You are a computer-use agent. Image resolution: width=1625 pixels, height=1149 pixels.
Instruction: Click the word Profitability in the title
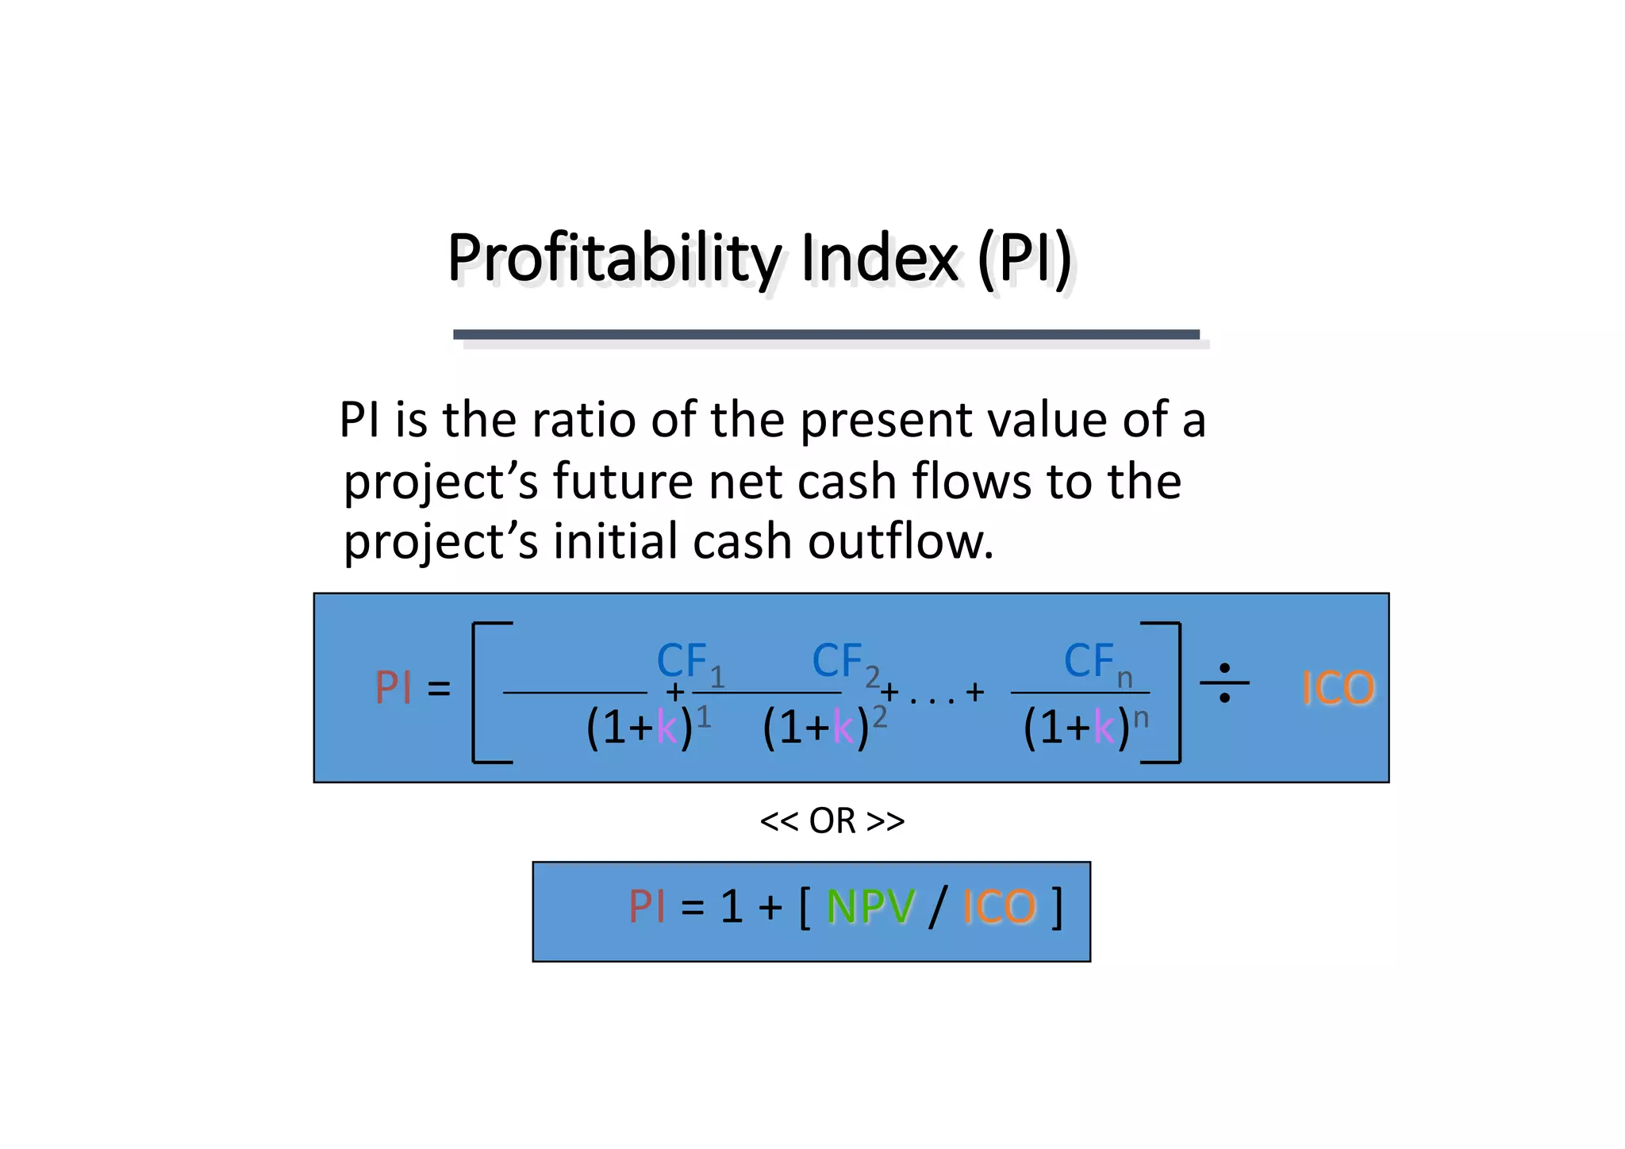(x=615, y=259)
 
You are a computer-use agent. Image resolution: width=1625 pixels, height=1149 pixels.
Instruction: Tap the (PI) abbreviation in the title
(x=1024, y=259)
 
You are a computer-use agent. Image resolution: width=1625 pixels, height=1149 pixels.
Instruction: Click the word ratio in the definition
(x=583, y=420)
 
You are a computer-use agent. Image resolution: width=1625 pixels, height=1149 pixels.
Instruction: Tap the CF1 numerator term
(x=690, y=663)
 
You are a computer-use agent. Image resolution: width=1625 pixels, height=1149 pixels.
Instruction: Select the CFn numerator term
(x=1097, y=663)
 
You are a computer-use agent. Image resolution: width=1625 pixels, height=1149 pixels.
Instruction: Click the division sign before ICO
(x=1224, y=683)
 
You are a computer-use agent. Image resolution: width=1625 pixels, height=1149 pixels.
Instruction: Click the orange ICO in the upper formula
(x=1338, y=688)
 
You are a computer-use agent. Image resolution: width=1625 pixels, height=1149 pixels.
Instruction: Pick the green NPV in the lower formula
(x=870, y=907)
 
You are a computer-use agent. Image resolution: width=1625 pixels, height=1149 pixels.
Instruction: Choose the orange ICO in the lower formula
(x=999, y=907)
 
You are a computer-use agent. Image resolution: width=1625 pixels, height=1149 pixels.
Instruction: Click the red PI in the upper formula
(x=394, y=688)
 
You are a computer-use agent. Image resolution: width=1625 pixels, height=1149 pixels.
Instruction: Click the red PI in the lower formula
(x=647, y=907)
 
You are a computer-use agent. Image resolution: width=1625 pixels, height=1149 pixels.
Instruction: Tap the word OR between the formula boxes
(x=832, y=821)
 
